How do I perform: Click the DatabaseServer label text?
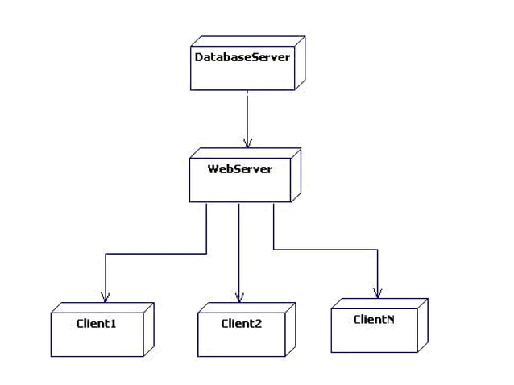pos(242,57)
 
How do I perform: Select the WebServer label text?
pos(240,169)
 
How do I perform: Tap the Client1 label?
pos(97,324)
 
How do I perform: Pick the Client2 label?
pos(242,324)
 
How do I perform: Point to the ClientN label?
pos(374,320)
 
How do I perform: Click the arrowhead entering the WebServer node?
pos(247,142)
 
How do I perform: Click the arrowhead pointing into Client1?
pos(106,296)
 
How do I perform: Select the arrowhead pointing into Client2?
pos(239,296)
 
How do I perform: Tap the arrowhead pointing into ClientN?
pos(377,292)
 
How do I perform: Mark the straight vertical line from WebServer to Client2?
pos(239,250)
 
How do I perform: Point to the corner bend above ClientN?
pos(377,250)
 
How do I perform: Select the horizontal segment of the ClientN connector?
pos(326,250)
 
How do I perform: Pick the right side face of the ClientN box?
pos(423,324)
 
